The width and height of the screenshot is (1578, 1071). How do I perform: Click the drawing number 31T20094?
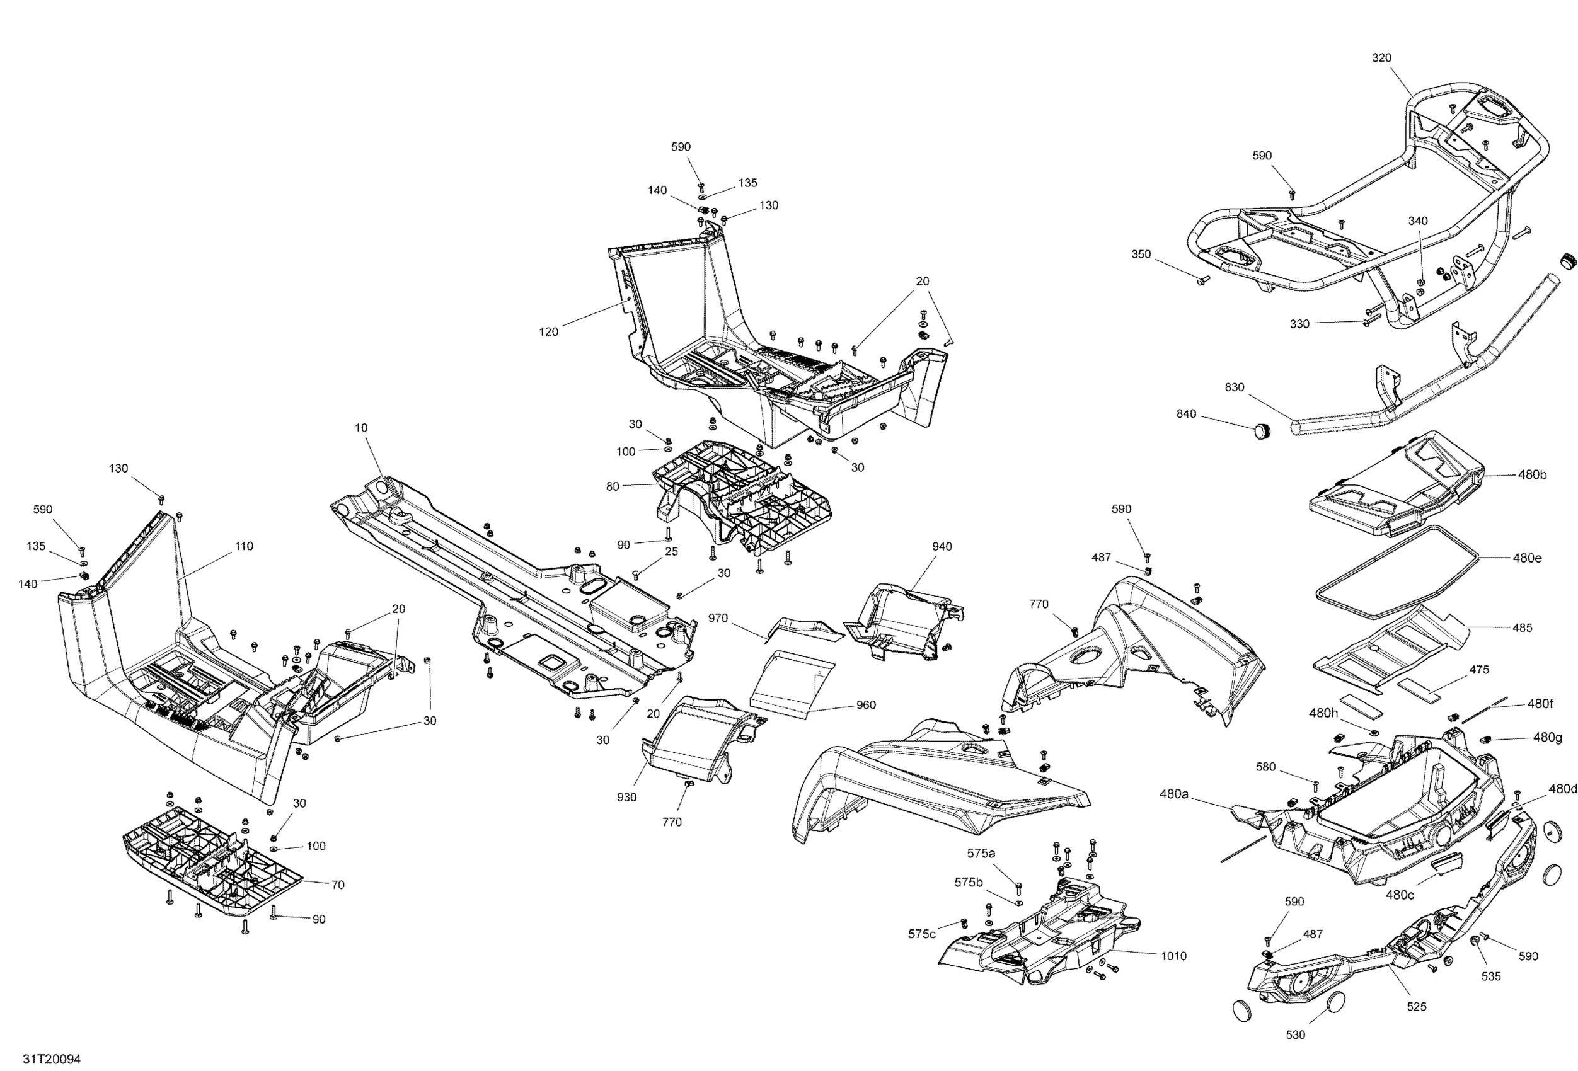52,1059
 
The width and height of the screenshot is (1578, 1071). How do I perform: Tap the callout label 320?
1382,59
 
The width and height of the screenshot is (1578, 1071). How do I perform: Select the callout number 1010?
1173,956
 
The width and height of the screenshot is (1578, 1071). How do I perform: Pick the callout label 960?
866,705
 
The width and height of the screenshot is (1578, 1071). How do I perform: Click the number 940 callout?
942,546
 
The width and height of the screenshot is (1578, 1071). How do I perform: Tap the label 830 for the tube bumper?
1235,387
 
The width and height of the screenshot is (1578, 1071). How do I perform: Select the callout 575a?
981,854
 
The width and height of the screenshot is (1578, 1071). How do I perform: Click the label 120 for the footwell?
549,332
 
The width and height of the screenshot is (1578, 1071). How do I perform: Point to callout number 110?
244,546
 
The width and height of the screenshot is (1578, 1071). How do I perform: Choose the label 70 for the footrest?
337,885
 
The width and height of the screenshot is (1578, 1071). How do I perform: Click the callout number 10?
361,428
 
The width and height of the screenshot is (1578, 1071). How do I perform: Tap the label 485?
1523,628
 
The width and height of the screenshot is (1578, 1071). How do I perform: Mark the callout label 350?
1141,255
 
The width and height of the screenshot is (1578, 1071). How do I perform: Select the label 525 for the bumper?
1417,1007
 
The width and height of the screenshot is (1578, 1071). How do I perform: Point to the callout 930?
626,798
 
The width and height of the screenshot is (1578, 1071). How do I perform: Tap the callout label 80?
613,486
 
